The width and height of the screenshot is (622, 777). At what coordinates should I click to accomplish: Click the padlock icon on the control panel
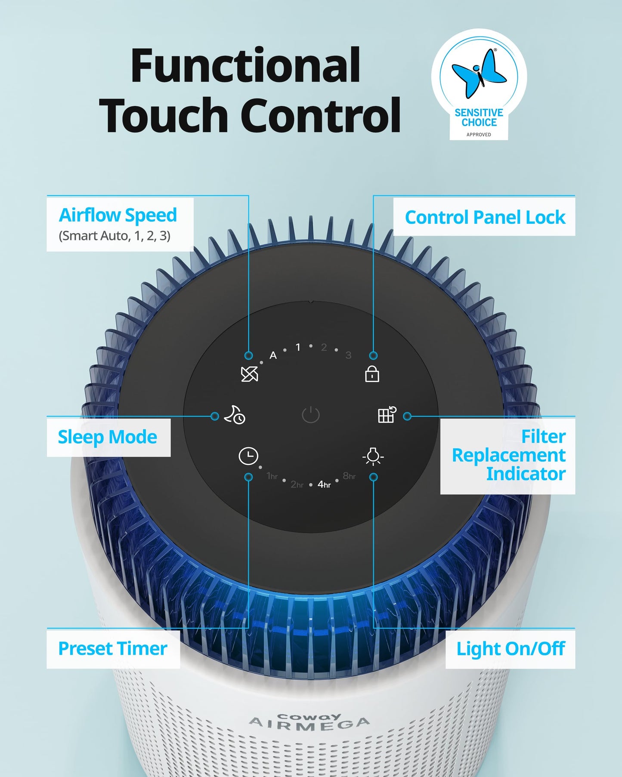[x=372, y=373]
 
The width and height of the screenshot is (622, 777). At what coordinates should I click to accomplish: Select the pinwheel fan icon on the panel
[x=249, y=374]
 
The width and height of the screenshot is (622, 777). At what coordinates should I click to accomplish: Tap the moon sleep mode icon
[x=235, y=415]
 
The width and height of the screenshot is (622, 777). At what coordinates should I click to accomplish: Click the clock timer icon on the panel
[x=248, y=456]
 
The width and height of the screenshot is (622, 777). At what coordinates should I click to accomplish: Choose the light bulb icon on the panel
[x=373, y=456]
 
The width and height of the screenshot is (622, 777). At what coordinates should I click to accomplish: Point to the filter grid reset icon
[x=387, y=415]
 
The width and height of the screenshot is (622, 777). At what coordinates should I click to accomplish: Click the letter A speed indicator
[x=273, y=355]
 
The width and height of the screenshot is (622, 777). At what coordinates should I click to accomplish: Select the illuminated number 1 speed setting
[x=298, y=347]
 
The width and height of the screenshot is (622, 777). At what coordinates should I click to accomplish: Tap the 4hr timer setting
[x=324, y=484]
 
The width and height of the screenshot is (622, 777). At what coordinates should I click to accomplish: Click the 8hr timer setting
[x=349, y=476]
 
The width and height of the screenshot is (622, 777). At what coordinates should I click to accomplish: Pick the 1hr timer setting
[x=272, y=476]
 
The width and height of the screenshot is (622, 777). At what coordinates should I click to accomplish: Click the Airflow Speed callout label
[x=118, y=215]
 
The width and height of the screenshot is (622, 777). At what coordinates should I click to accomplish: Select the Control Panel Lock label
[x=485, y=217]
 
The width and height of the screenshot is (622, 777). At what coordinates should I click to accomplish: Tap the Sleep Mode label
[x=108, y=437]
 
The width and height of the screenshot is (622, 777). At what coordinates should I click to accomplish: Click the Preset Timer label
[x=113, y=648]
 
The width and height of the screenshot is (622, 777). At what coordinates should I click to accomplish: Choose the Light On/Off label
[x=511, y=649]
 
